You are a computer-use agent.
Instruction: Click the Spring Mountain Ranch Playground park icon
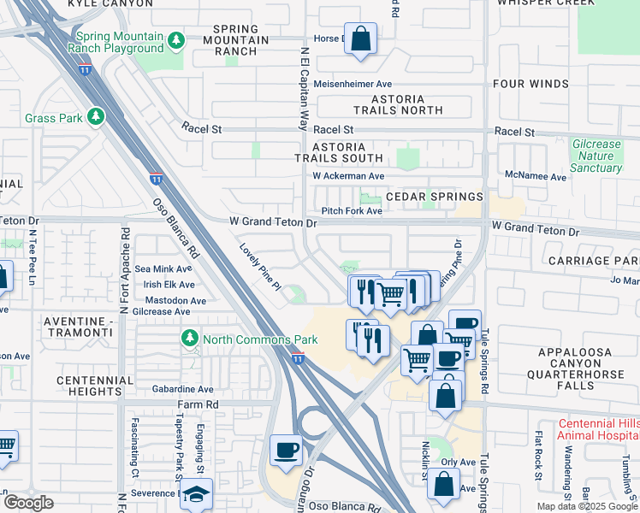[175, 40]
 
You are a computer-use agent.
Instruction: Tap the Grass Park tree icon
[97, 115]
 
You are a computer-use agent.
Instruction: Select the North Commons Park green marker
[188, 339]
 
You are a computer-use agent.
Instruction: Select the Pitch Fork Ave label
[351, 211]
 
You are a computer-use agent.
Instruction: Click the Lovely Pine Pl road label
[260, 267]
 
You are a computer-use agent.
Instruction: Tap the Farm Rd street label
[199, 404]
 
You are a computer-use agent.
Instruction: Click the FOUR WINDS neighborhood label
[530, 84]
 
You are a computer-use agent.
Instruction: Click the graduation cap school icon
[196, 495]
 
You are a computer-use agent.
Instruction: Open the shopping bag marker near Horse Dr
[360, 38]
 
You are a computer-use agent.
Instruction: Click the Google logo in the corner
[28, 503]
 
